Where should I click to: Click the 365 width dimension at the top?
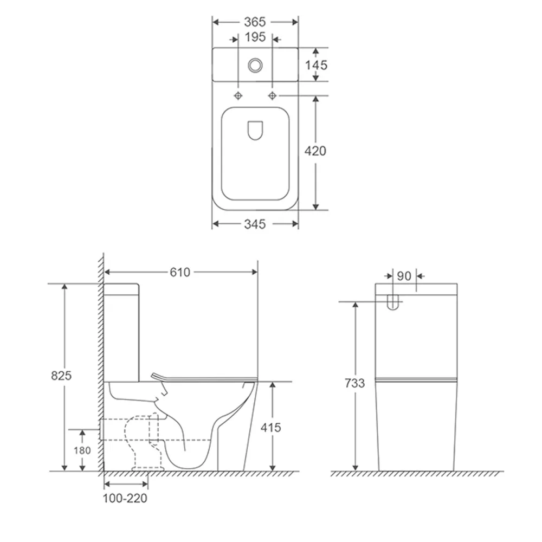(254, 22)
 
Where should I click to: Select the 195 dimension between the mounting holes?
(255, 37)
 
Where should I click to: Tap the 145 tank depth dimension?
(316, 65)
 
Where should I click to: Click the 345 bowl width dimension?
(254, 223)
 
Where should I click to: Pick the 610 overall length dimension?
(180, 272)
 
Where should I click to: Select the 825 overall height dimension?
(62, 376)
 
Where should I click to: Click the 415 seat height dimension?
(270, 427)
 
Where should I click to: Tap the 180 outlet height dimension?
(82, 450)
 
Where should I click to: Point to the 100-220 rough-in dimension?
(125, 498)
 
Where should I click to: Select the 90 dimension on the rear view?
(404, 276)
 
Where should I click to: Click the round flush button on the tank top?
(255, 65)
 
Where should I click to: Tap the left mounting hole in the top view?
(238, 95)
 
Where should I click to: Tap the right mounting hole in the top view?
(272, 95)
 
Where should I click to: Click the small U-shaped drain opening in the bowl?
(255, 130)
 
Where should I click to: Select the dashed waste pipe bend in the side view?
(142, 439)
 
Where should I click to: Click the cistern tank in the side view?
(122, 331)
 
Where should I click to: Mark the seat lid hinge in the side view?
(158, 376)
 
